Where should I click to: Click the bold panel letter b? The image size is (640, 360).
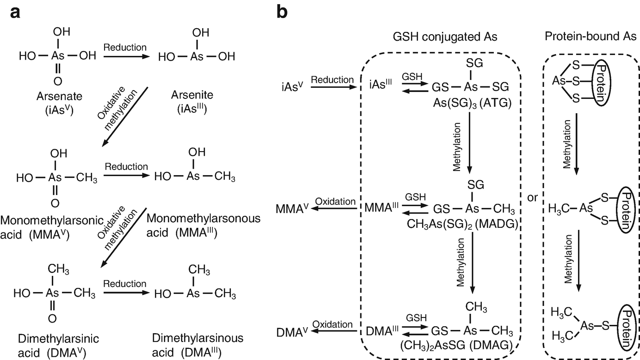(282, 12)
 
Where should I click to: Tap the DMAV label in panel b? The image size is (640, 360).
(292, 332)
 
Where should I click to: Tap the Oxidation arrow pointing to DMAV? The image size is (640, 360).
(333, 332)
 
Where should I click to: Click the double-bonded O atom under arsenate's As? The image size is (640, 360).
(57, 81)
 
